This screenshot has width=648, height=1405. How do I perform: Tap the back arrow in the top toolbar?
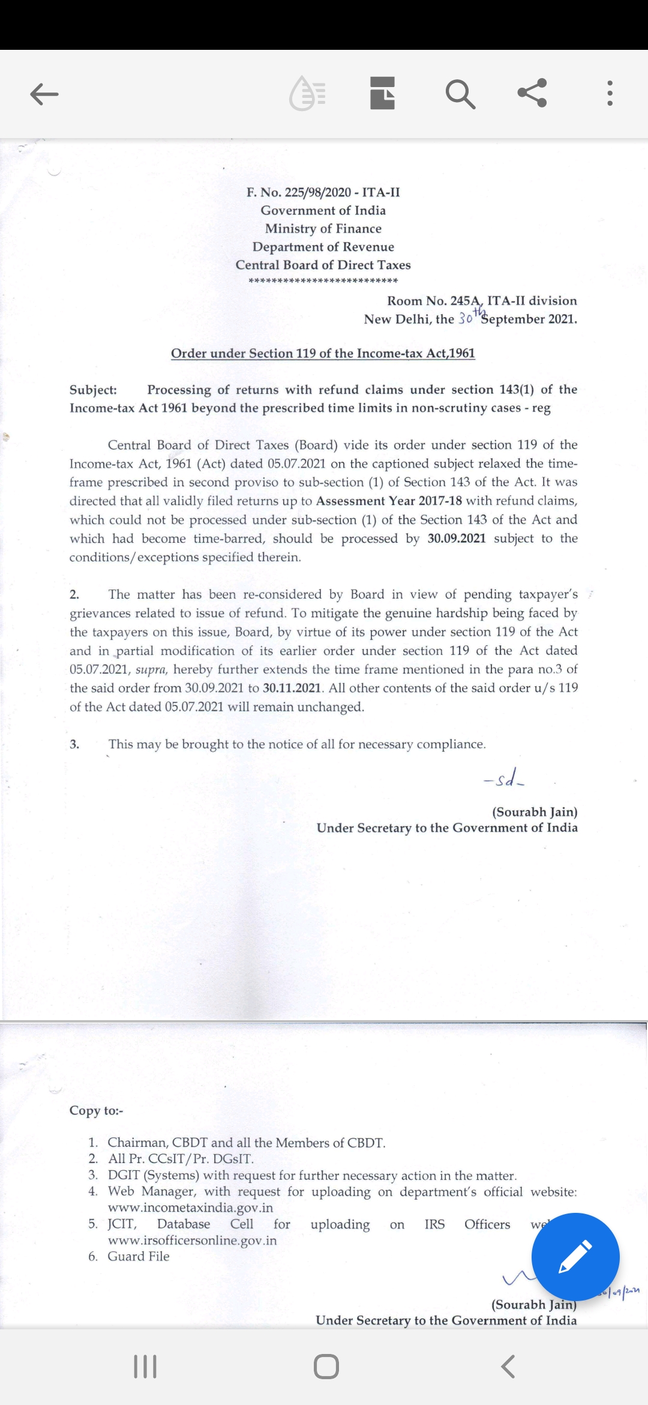[44, 94]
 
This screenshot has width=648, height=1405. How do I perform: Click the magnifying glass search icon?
[460, 94]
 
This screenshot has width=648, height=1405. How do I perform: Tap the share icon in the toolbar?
[532, 93]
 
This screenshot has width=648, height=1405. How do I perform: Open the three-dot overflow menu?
[610, 94]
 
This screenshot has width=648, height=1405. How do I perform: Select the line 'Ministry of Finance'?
[323, 229]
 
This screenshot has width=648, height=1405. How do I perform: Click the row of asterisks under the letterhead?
[323, 281]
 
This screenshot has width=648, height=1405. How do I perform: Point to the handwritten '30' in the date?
[466, 319]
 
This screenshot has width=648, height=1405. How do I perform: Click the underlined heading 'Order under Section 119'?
[323, 353]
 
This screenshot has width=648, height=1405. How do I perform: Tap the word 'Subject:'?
[93, 390]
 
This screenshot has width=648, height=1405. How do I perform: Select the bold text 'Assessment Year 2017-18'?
[389, 501]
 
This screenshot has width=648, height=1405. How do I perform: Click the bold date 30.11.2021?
[292, 688]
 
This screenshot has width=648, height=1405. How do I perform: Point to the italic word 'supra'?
[151, 669]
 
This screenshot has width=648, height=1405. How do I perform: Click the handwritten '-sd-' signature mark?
[504, 781]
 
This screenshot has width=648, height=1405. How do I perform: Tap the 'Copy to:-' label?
[96, 1111]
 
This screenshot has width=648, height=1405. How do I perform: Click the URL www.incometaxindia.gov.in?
[190, 1207]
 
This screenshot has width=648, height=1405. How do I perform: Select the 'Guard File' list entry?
[139, 1257]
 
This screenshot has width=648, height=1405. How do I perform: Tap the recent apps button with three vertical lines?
[145, 1367]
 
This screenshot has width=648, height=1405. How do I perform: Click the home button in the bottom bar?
[326, 1367]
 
